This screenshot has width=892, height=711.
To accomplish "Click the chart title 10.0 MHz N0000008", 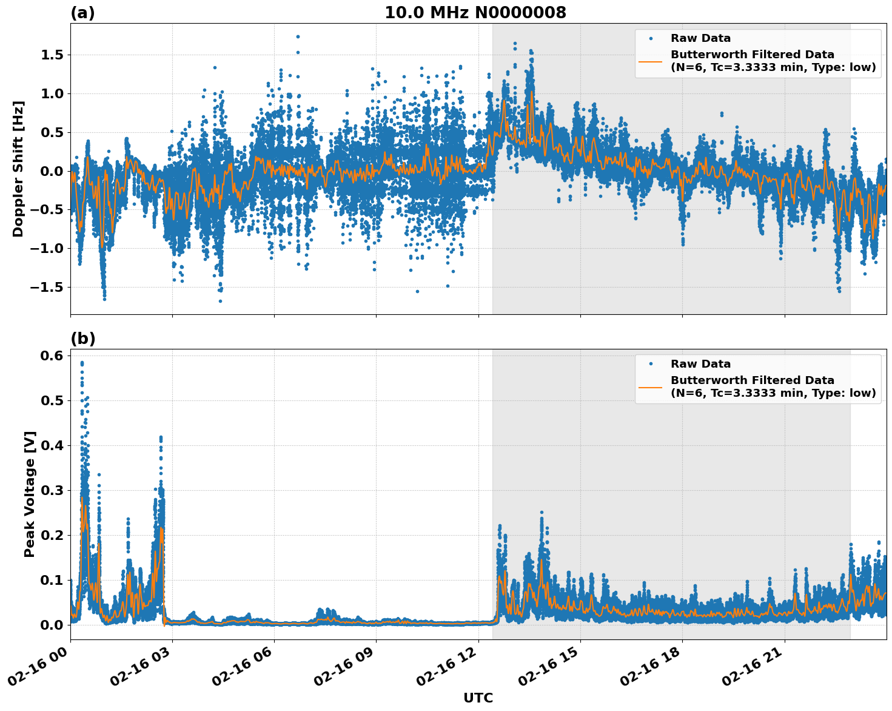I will click(475, 13).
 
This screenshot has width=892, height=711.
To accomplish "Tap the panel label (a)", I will click(82, 13).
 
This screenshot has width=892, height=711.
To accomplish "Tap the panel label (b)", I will click(82, 339).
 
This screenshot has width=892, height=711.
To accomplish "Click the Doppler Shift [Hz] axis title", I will click(18, 169).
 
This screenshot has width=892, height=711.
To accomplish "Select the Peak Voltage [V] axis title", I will click(30, 494).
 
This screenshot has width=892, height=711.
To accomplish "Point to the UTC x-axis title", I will click(478, 698).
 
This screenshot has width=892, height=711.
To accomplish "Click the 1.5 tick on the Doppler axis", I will click(51, 55).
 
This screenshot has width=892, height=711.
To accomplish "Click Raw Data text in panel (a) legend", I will click(700, 39).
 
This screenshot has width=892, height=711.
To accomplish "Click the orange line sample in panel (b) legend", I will click(650, 387).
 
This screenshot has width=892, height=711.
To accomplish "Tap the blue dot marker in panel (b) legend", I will click(650, 364).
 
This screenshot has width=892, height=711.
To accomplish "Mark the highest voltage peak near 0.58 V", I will click(82, 363).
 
